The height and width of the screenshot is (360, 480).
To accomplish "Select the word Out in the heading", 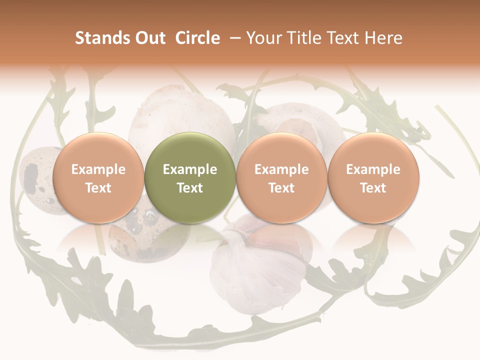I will pyautogui.click(x=149, y=38).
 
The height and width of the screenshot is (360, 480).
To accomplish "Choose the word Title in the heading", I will pyautogui.click(x=301, y=38).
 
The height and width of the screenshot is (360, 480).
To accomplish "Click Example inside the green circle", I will pyautogui.click(x=190, y=169).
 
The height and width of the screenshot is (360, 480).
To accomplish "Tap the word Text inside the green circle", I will pyautogui.click(x=190, y=188).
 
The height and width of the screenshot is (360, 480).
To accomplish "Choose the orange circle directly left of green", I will pyautogui.click(x=98, y=178).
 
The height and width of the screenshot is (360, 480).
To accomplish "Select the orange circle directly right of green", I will pyautogui.click(x=281, y=178).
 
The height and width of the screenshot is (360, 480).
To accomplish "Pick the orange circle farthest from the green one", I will pyautogui.click(x=373, y=178).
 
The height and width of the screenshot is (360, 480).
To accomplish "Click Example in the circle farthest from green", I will pyautogui.click(x=373, y=169).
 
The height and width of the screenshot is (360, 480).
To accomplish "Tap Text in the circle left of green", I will pyautogui.click(x=98, y=188).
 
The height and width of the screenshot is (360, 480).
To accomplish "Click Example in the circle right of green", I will pyautogui.click(x=281, y=169).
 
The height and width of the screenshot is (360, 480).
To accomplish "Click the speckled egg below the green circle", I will pyautogui.click(x=145, y=235).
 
